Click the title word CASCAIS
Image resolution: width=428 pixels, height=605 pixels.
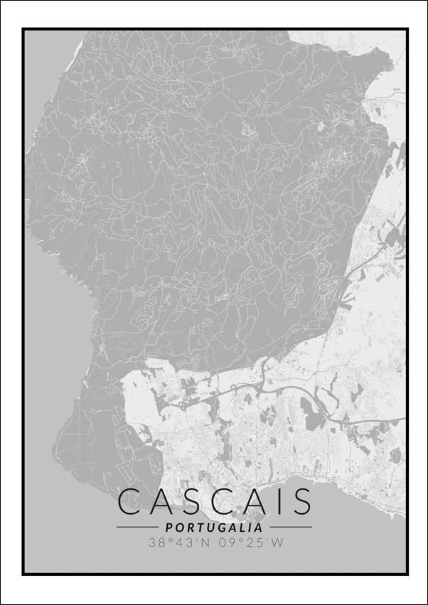(x=214, y=501)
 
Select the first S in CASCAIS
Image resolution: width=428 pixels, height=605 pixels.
(x=188, y=501)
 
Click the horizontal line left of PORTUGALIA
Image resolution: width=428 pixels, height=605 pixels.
(x=137, y=528)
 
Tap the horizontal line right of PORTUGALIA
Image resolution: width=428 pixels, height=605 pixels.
(x=290, y=528)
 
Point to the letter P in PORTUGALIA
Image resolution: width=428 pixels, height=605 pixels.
(x=168, y=528)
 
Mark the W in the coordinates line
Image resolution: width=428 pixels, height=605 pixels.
(x=279, y=543)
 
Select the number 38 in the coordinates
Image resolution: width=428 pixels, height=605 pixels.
(x=156, y=543)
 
